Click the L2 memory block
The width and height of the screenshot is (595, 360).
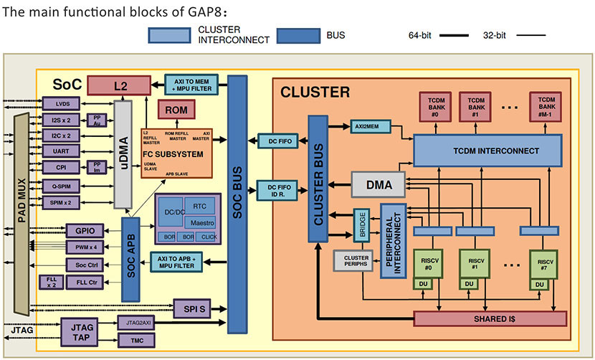coord(119,85)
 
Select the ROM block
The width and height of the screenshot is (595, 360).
coord(176,110)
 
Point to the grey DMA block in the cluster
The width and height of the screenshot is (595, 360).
coord(379,185)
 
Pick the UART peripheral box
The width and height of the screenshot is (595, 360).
coord(61,151)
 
